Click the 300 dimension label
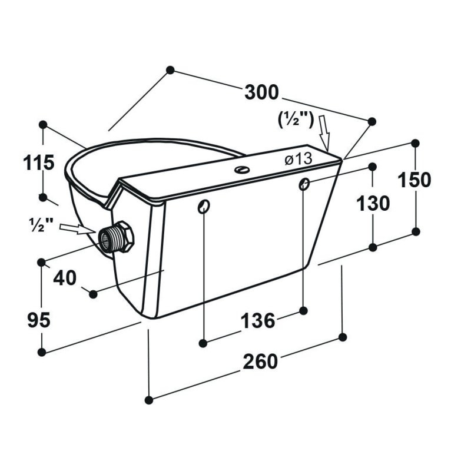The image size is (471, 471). (x=261, y=92)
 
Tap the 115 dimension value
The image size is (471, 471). (x=39, y=163)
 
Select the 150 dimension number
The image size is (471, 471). (x=414, y=180)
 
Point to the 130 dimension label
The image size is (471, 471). (x=373, y=203)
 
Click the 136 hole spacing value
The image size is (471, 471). (x=258, y=320)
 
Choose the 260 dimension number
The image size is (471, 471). (x=260, y=361)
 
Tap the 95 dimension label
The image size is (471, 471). (x=39, y=320)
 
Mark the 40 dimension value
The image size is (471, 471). (x=65, y=278)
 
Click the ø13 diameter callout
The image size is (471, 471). (x=298, y=159)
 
